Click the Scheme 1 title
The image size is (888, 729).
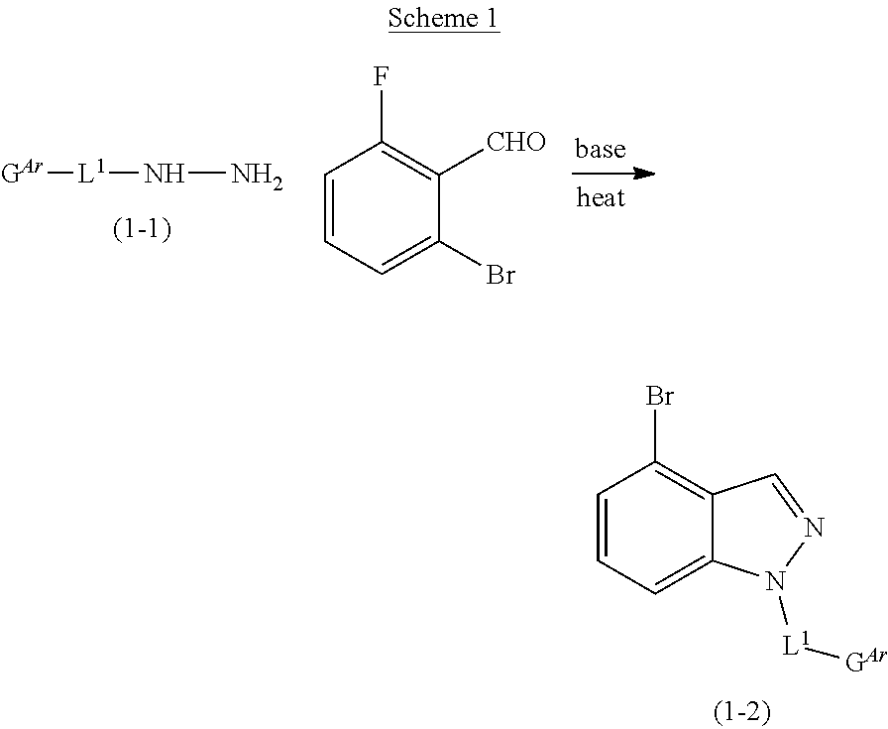coord(443,19)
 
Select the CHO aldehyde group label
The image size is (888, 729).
coord(515,143)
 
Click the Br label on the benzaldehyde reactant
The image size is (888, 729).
coord(499,275)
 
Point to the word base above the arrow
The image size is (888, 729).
coord(600,149)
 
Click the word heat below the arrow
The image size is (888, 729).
coord(601,197)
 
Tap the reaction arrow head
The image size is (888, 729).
coord(646,174)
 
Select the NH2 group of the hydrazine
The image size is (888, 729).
coord(257,177)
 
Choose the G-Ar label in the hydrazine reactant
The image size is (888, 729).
coord(23,175)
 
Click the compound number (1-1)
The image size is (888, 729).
coord(142,230)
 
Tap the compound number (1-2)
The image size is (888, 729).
coord(741,710)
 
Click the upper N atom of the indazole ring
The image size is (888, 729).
coord(814,527)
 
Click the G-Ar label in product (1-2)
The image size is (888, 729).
coord(863,660)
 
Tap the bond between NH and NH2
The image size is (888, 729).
coord(209,176)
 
